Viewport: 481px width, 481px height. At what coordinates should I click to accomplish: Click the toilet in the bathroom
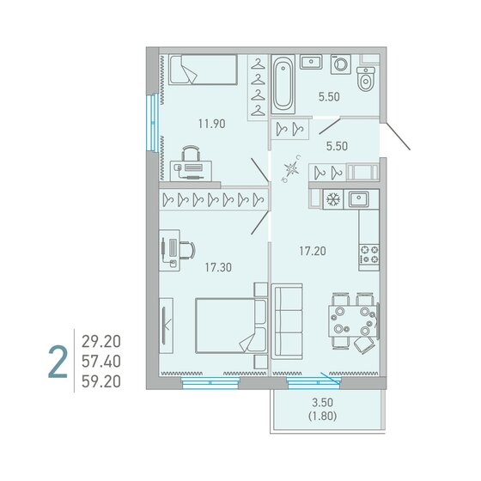point(366,79)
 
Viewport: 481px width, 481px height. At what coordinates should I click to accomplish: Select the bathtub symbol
point(283,84)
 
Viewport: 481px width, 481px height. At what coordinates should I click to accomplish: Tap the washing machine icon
point(340,64)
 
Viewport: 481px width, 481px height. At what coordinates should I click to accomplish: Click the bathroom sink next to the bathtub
point(311,62)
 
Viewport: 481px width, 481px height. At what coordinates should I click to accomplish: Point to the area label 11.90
point(211,124)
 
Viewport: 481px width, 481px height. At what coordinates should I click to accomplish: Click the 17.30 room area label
point(218,267)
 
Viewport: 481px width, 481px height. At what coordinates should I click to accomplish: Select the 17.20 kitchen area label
point(313,251)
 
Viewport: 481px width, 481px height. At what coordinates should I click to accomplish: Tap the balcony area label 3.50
point(322,402)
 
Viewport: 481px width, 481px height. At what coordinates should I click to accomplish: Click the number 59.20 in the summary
point(101,381)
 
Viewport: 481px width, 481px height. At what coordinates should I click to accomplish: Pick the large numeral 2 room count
point(58,362)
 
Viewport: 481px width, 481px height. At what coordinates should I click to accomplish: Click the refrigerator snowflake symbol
point(333,199)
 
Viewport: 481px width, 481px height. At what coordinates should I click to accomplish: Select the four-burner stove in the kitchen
point(369,255)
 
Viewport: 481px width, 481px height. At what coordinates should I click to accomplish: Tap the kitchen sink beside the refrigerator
point(358,199)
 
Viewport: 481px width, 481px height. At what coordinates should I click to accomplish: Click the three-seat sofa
point(287,321)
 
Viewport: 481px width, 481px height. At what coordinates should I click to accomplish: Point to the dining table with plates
point(353,320)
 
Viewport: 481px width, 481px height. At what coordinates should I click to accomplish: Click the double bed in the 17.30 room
point(231,326)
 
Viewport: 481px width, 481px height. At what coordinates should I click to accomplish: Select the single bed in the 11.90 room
point(203,70)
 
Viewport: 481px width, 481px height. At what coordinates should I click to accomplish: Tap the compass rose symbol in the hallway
point(291,168)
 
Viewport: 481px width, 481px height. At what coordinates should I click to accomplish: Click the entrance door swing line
point(398,137)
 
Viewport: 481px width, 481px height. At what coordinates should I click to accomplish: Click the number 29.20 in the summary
point(101,342)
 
